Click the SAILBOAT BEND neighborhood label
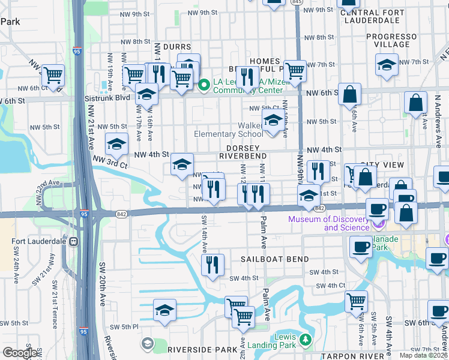click(x=275, y=259)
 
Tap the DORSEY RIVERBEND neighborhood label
click(x=243, y=152)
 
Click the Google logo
click(x=19, y=353)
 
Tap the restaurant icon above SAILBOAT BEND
click(x=212, y=264)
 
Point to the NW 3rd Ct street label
click(x=110, y=161)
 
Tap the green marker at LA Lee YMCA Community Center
click(x=203, y=85)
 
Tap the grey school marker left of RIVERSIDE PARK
click(x=148, y=344)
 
